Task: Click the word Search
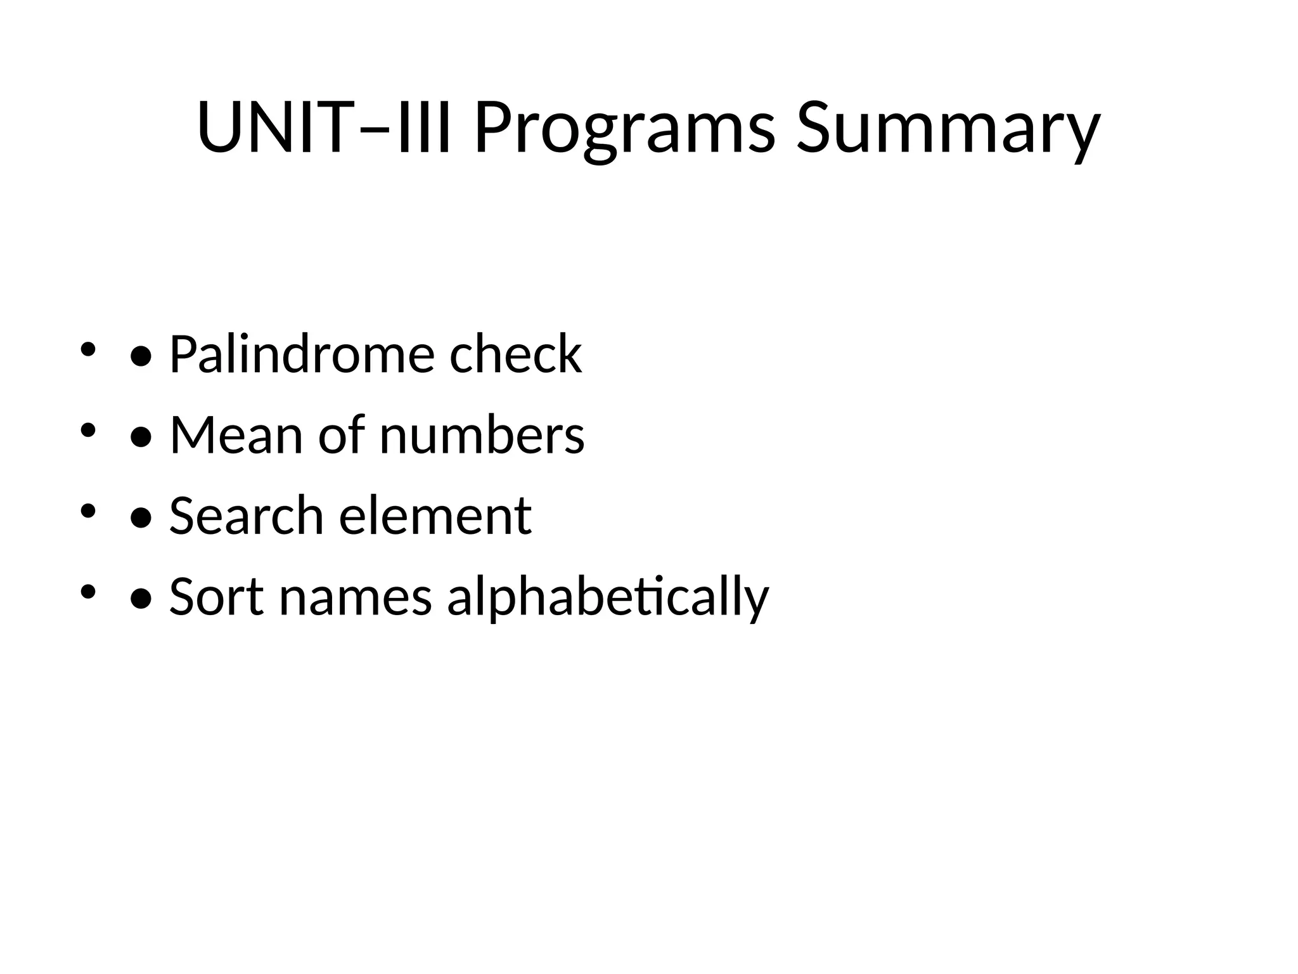pos(247,516)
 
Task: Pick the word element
pos(435,516)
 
